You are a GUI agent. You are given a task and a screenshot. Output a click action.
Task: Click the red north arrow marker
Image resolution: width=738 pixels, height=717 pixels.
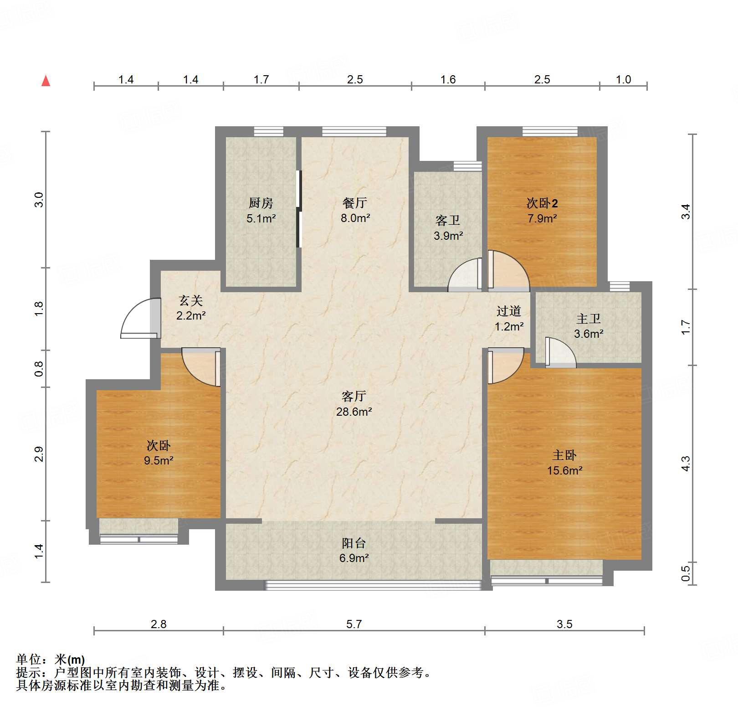pyautogui.click(x=46, y=81)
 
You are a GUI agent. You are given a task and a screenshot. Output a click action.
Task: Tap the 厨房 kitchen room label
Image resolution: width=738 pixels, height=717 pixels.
pyautogui.click(x=261, y=203)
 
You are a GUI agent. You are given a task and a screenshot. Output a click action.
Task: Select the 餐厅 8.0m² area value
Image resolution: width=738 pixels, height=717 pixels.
pyautogui.click(x=355, y=218)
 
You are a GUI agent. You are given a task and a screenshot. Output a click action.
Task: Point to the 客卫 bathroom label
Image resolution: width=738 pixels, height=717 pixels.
pyautogui.click(x=448, y=221)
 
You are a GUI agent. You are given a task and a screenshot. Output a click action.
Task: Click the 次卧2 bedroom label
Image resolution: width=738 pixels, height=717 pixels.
pyautogui.click(x=542, y=203)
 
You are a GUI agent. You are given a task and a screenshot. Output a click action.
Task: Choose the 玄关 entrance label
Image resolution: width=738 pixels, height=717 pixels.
pyautogui.click(x=191, y=300)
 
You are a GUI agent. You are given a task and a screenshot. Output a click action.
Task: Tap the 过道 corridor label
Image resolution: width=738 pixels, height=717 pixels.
pyautogui.click(x=509, y=311)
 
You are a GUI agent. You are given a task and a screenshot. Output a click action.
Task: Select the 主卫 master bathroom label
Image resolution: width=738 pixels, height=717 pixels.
pyautogui.click(x=589, y=319)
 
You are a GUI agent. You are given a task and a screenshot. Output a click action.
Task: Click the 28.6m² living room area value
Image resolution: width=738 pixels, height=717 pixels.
pyautogui.click(x=354, y=412)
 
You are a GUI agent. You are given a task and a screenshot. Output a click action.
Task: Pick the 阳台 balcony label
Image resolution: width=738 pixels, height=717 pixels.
pyautogui.click(x=354, y=543)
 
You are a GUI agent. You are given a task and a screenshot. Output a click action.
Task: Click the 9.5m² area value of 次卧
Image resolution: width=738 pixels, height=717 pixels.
pyautogui.click(x=159, y=461)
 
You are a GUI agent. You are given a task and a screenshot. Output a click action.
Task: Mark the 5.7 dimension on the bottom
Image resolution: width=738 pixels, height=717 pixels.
pyautogui.click(x=354, y=624)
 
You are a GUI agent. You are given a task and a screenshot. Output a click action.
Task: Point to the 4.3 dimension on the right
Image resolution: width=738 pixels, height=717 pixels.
pyautogui.click(x=686, y=464)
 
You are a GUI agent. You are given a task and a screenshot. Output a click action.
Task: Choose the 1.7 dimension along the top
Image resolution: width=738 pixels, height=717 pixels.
pyautogui.click(x=261, y=80)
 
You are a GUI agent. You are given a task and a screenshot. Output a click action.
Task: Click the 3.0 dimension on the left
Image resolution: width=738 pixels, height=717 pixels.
pyautogui.click(x=39, y=200)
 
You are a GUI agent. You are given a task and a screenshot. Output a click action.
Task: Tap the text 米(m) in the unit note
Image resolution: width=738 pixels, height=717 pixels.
pyautogui.click(x=70, y=660)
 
